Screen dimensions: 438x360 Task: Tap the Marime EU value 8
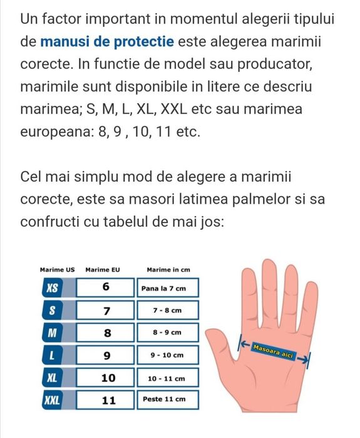tap(106, 333)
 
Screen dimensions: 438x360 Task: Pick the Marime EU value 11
tap(106, 399)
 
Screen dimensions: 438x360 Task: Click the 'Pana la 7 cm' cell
tap(167, 288)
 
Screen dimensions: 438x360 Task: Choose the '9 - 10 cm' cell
tap(167, 355)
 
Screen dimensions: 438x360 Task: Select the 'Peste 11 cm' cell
tap(167, 399)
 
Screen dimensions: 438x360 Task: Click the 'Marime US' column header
tap(57, 269)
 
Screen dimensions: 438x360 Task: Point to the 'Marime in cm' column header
tap(168, 269)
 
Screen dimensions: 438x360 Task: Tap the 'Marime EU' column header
tap(102, 269)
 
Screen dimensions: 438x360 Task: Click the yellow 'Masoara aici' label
tap(273, 352)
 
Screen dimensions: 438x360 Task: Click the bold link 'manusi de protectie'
tap(107, 42)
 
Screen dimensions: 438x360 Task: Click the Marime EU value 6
tap(106, 288)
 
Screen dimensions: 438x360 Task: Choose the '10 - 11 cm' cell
tap(167, 378)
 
